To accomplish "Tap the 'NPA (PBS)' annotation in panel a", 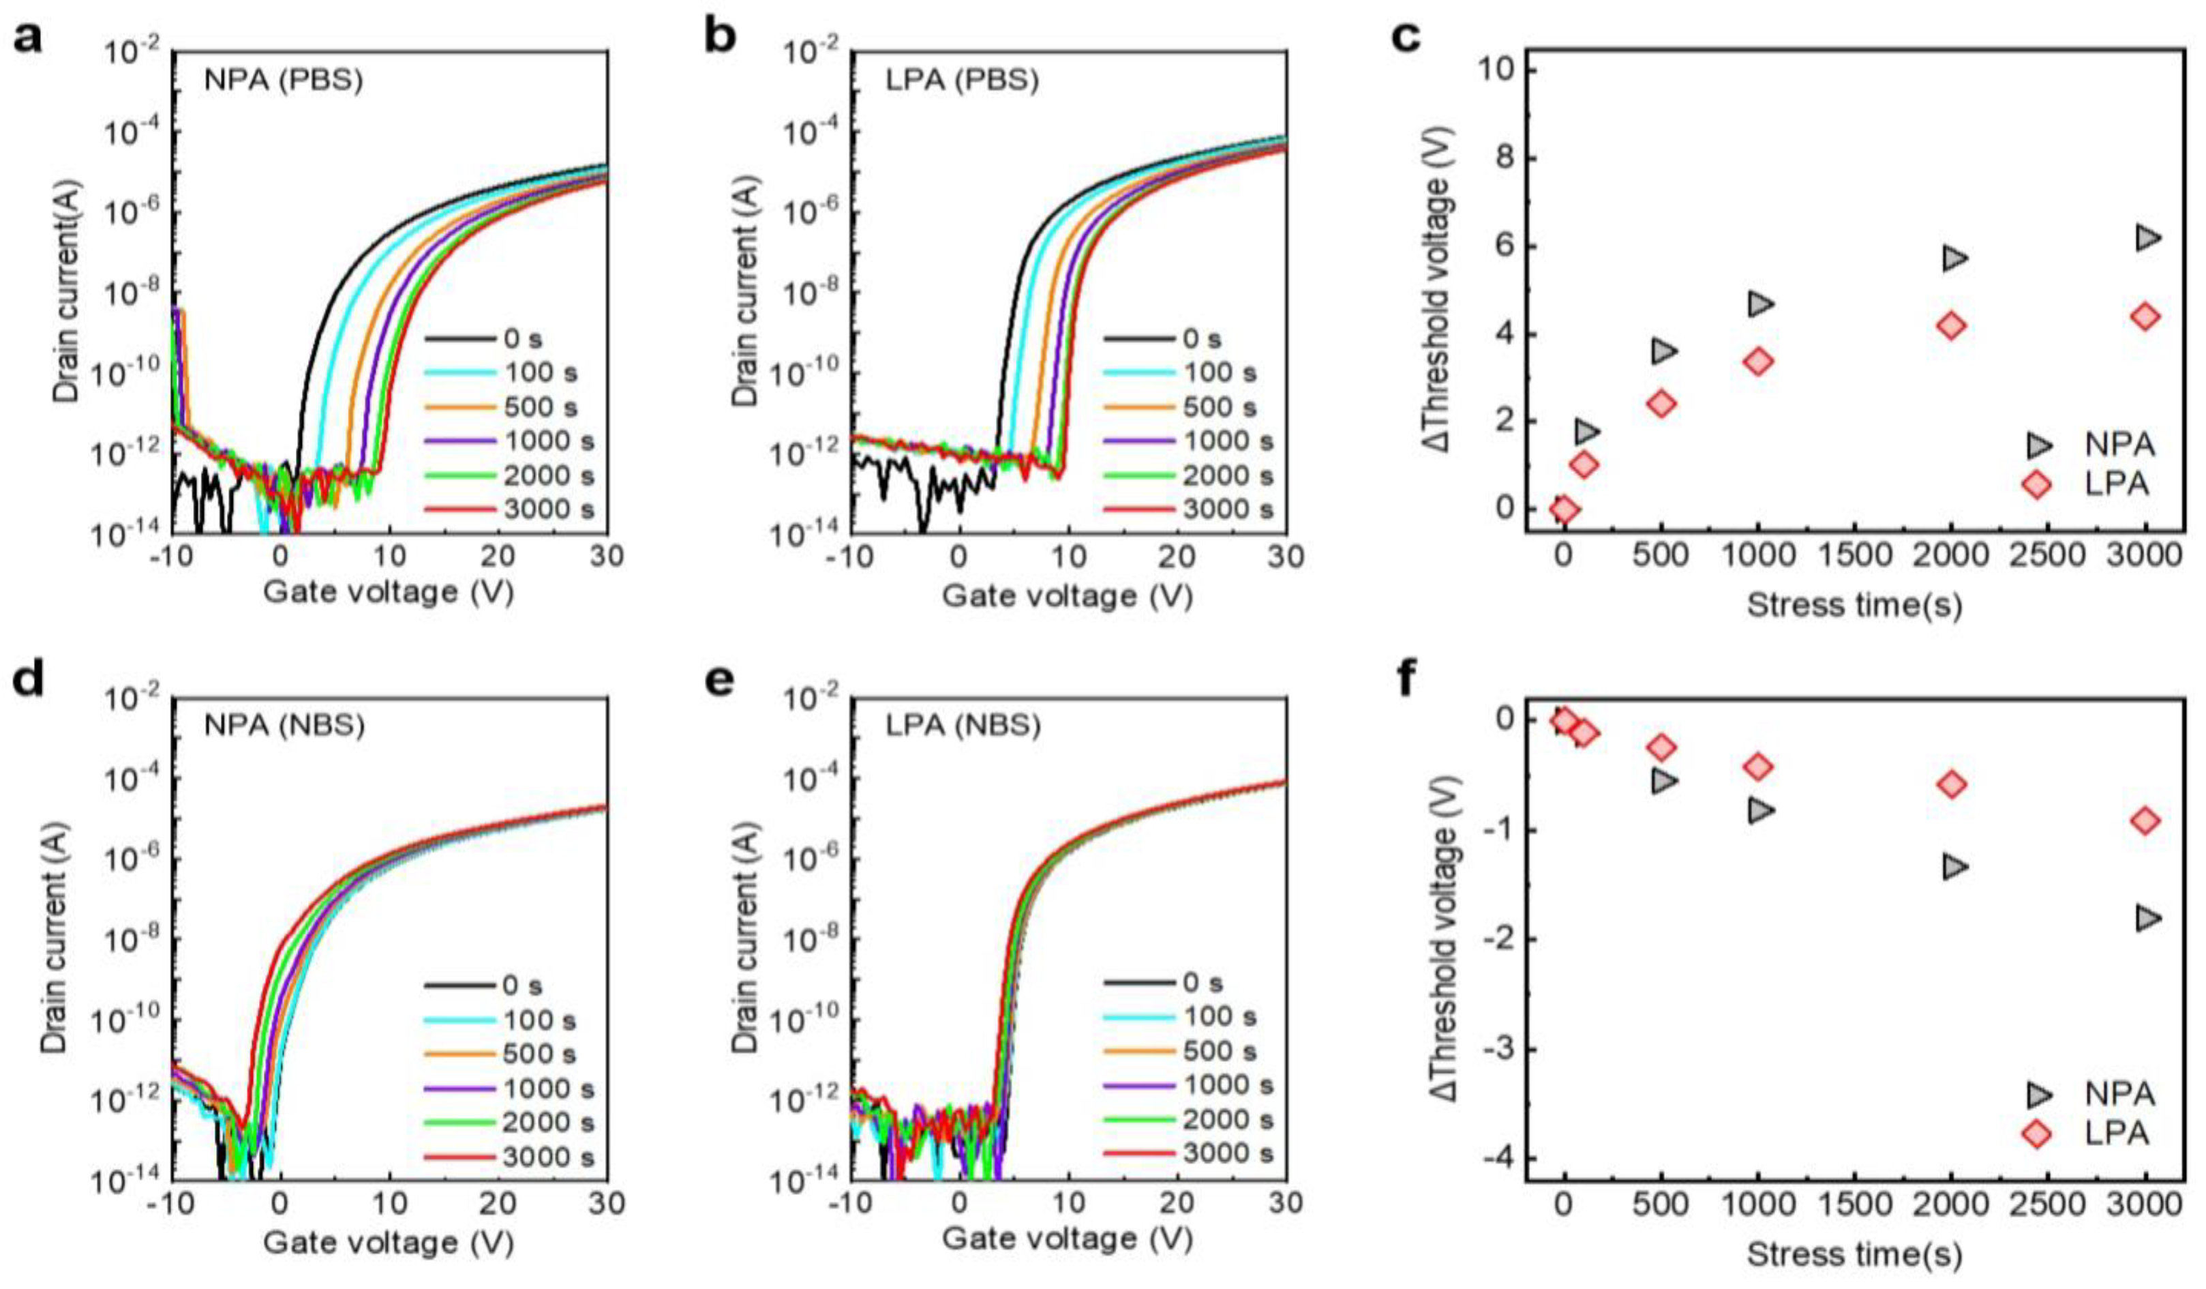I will (283, 80).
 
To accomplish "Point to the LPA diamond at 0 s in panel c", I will (1565, 508).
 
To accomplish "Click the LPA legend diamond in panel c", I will (2037, 484).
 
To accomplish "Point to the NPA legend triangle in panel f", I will (2037, 1094).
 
